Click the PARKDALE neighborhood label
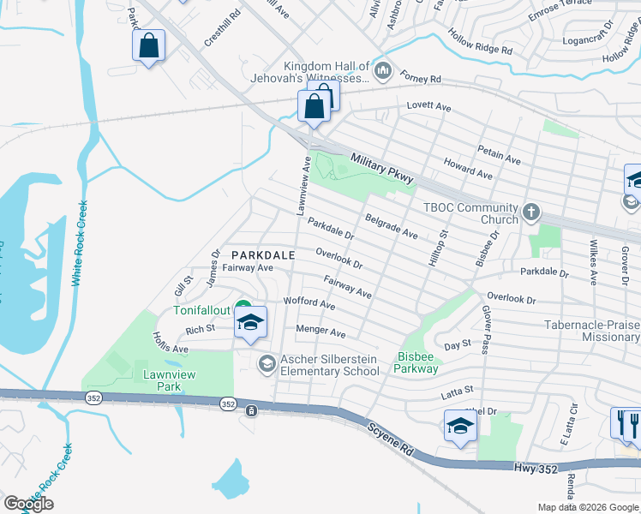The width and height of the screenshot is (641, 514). click(x=263, y=254)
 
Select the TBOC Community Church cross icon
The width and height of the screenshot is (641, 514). click(x=531, y=211)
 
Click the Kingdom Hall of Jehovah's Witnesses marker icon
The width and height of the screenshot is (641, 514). click(x=382, y=69)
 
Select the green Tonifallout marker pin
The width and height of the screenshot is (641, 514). click(x=243, y=308)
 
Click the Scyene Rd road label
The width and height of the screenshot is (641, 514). click(x=393, y=436)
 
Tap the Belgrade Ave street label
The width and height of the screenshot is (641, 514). click(x=392, y=227)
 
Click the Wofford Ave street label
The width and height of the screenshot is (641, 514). click(x=309, y=303)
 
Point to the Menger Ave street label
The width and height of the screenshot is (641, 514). click(x=320, y=332)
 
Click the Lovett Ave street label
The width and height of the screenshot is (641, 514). click(x=428, y=107)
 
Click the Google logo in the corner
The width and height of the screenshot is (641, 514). click(x=27, y=503)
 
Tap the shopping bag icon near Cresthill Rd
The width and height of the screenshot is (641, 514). click(x=149, y=47)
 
